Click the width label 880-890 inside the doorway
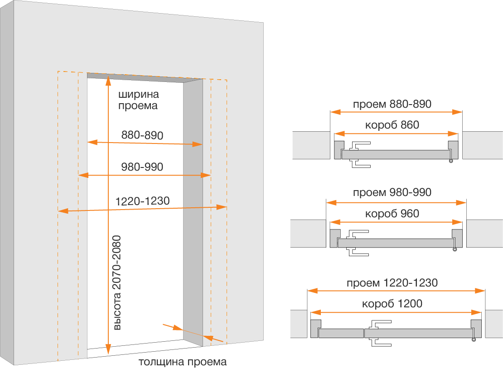click(x=142, y=135)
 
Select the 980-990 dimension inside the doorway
click(x=142, y=167)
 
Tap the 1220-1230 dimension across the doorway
click(x=142, y=201)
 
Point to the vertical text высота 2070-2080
click(x=117, y=283)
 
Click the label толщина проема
click(x=183, y=362)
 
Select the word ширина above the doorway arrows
click(x=139, y=94)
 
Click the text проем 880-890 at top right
click(x=392, y=104)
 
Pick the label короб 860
click(x=392, y=124)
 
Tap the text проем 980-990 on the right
click(x=392, y=192)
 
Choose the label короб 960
click(x=392, y=214)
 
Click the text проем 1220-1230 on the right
click(x=392, y=283)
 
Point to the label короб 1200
click(x=392, y=304)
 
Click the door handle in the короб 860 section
click(x=360, y=154)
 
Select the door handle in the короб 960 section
click(x=358, y=243)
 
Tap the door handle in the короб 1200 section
click(x=380, y=333)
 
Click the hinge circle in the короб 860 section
click(x=451, y=161)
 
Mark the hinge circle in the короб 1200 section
click(x=474, y=340)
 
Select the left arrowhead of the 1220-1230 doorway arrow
click(x=63, y=210)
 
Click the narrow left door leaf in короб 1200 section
click(x=341, y=334)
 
